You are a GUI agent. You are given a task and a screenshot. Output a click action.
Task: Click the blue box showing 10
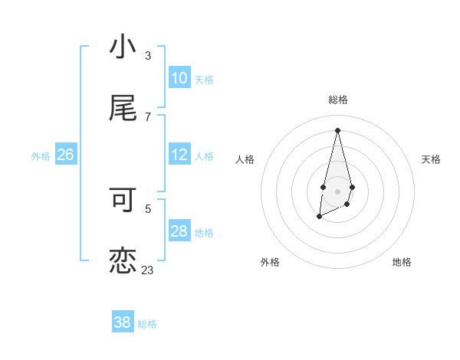179,78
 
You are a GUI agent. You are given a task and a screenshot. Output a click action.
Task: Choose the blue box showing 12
179,155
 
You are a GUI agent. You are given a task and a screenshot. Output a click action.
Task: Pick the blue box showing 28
179,231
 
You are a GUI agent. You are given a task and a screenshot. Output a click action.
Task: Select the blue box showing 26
65,155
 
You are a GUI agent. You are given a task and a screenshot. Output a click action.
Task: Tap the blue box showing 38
123,322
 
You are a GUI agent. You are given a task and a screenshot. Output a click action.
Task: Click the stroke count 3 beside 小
148,56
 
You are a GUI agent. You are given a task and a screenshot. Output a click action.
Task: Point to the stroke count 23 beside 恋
148,270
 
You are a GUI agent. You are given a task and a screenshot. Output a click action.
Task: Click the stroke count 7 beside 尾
148,116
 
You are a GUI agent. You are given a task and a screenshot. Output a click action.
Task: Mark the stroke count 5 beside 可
148,208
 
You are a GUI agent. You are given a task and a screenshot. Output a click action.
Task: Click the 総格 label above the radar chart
337,100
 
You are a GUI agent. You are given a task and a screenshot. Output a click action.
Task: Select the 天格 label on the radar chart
431,159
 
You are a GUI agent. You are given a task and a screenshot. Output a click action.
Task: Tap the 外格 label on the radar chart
270,262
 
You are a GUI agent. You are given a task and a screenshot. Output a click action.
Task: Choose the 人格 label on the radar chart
245,159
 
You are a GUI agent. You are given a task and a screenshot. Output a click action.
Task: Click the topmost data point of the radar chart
337,129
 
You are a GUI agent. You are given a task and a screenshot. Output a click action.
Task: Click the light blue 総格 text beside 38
147,324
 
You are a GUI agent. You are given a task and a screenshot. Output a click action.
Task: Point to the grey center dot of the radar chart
337,190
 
